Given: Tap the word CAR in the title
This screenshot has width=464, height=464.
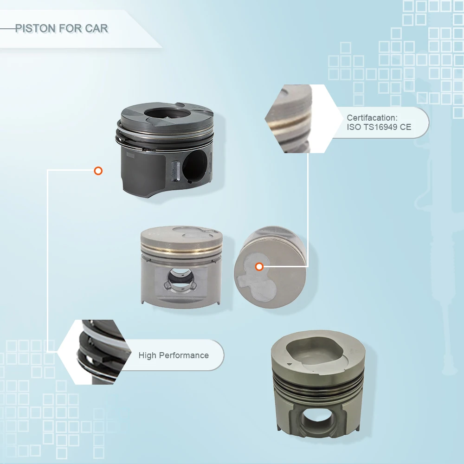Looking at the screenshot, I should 96,28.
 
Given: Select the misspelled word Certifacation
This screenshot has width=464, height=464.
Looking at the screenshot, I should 372,118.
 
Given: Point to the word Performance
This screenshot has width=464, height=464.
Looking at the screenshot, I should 184,355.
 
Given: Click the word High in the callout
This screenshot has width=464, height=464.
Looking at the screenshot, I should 147,355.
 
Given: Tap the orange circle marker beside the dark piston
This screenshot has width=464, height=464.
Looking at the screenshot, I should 98,171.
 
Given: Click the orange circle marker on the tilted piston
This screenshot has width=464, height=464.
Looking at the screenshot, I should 259,266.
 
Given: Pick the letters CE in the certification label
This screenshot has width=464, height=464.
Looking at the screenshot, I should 406,127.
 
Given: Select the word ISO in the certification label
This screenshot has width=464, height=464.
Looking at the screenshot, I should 354,127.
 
